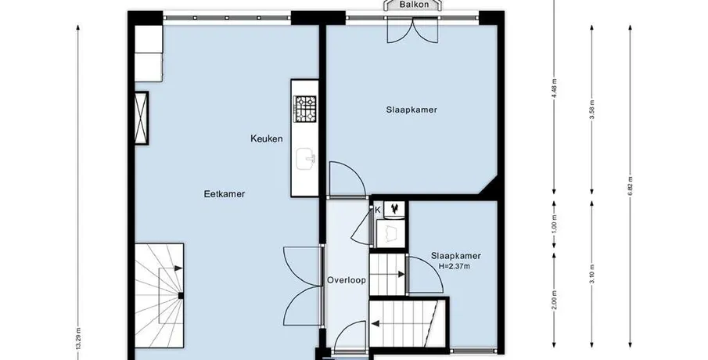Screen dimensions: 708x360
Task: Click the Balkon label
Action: pyautogui.click(x=413, y=5)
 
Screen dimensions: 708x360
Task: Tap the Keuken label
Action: pyautogui.click(x=267, y=139)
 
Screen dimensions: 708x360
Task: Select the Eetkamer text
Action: pyautogui.click(x=225, y=194)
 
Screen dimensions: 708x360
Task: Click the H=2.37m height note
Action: pyautogui.click(x=455, y=267)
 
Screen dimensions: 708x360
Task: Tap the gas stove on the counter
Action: pyautogui.click(x=305, y=109)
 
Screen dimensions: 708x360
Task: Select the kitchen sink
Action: pyautogui.click(x=306, y=159)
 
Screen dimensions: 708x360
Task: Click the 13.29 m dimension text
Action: pyautogui.click(x=78, y=339)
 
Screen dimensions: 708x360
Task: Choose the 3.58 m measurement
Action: pyautogui.click(x=592, y=110)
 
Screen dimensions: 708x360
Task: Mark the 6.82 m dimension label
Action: pyautogui.click(x=630, y=185)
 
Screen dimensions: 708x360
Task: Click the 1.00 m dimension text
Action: pyautogui.click(x=555, y=224)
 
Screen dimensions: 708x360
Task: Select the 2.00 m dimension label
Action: pyautogui.click(x=555, y=300)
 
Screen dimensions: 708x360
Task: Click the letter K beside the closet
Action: pyautogui.click(x=378, y=210)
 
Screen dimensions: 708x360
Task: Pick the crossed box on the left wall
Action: pyautogui.click(x=142, y=118)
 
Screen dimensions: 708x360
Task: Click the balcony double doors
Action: pyautogui.click(x=413, y=31)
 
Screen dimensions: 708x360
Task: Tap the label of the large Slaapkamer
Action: pyautogui.click(x=412, y=110)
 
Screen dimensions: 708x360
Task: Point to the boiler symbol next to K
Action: pyautogui.click(x=395, y=209)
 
